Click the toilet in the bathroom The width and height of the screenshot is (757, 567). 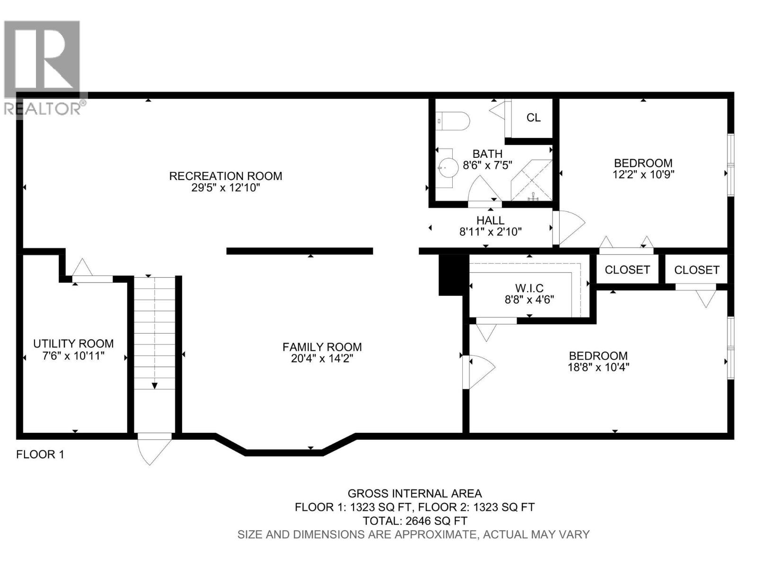tap(453, 121)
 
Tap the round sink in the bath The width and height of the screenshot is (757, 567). tap(447, 166)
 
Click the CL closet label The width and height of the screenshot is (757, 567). tap(533, 118)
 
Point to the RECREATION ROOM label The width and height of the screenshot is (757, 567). tap(226, 176)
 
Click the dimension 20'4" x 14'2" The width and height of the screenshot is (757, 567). tap(322, 359)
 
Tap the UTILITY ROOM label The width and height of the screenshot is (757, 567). tap(73, 344)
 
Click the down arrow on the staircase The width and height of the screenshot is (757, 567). tap(154, 385)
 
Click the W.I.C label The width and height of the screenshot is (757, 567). tap(529, 288)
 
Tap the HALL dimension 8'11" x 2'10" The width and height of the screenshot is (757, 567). tap(490, 232)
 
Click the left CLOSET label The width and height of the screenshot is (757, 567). tap(627, 269)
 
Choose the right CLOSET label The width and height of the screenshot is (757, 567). tap(696, 270)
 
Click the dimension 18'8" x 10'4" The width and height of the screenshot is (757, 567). tap(598, 367)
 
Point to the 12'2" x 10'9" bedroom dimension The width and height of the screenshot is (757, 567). tap(643, 174)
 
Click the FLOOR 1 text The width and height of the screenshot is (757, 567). tap(40, 455)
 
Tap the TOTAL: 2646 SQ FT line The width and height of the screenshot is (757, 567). tap(414, 521)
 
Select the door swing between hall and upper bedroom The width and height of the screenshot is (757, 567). tap(570, 227)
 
